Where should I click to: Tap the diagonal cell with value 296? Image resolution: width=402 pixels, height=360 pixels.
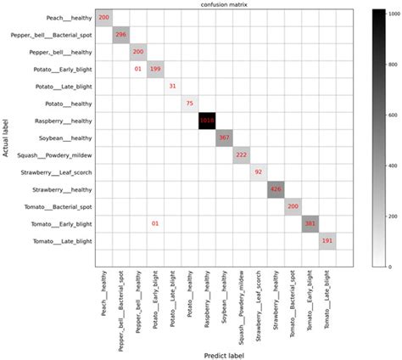(x=121, y=34)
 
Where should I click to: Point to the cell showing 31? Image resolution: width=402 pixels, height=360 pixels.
(x=173, y=86)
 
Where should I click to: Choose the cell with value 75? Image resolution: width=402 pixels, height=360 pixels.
(x=189, y=103)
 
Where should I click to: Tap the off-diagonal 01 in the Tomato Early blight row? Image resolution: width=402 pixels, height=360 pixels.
(x=155, y=224)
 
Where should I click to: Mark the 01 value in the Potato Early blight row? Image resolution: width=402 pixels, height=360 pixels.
(x=138, y=69)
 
